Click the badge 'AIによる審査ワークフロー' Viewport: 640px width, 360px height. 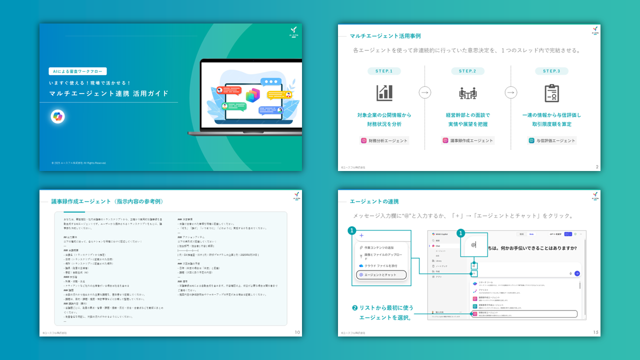[77, 71]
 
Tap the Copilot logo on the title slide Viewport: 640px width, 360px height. [57, 116]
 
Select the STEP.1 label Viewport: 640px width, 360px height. [384, 71]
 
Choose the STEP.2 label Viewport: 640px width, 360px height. [467, 71]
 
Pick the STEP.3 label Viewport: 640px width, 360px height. [551, 71]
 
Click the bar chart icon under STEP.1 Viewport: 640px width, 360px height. [384, 92]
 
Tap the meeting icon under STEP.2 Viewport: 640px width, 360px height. [467, 92]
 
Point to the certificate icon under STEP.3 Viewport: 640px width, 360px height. [551, 92]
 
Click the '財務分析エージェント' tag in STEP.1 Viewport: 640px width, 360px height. [384, 140]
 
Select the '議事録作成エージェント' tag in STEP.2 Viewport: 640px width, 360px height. [467, 140]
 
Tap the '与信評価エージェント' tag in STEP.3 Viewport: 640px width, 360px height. [552, 140]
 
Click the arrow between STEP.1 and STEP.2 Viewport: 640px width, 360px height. [425, 92]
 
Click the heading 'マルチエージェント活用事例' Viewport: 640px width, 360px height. [385, 36]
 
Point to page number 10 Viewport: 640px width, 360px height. [297, 332]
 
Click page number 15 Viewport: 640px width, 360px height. [595, 332]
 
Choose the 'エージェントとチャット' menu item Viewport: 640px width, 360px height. [381, 274]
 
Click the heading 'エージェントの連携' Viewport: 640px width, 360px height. [374, 201]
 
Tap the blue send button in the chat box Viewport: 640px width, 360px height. [577, 273]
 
